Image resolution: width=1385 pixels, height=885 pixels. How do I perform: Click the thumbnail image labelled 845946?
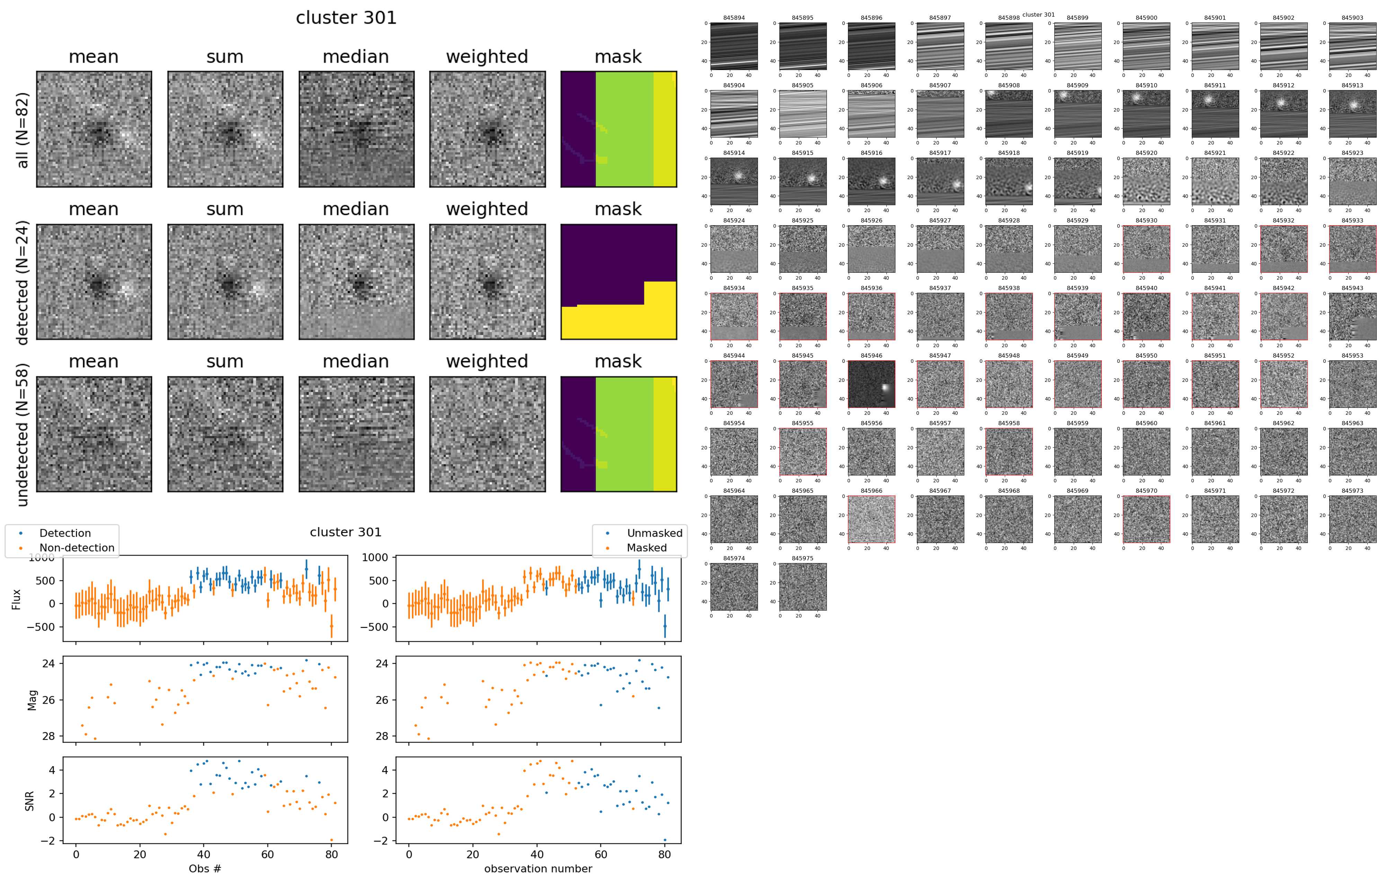(872, 384)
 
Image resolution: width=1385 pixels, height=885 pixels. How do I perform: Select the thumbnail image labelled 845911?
(1215, 113)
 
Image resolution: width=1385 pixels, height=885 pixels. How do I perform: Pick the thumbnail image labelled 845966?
(872, 519)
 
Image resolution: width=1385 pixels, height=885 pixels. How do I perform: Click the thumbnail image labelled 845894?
(734, 46)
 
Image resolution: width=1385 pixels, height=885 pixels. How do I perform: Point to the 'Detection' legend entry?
(64, 533)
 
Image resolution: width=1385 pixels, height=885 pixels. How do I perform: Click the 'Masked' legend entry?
(646, 548)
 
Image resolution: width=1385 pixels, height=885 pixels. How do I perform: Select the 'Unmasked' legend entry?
(654, 533)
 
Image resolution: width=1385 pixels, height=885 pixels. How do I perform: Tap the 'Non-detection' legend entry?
(77, 548)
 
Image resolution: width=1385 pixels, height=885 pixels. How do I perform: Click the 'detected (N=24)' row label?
(22, 282)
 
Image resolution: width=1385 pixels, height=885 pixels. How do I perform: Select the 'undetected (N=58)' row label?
(22, 435)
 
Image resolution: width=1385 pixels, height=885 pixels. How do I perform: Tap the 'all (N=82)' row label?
(22, 130)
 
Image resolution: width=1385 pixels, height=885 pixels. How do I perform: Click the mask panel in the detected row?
(618, 282)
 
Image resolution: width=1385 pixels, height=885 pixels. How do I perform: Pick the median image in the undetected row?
(356, 435)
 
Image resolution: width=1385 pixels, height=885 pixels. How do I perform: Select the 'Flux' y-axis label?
(16, 599)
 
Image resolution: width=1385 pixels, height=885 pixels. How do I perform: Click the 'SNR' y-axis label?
(29, 801)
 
